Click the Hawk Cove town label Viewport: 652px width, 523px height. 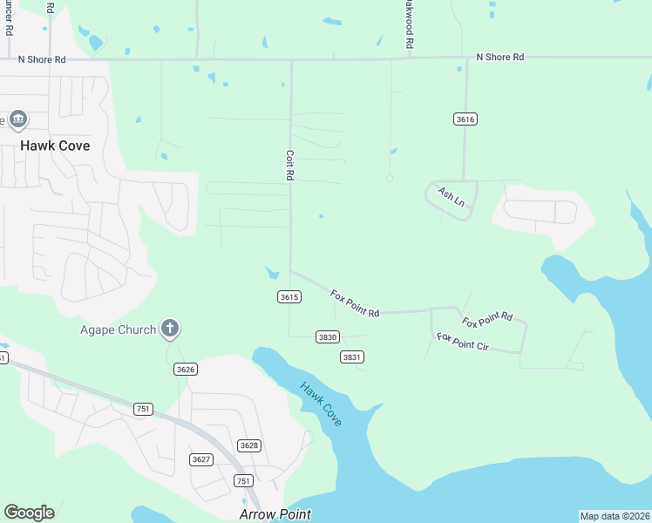tap(56, 146)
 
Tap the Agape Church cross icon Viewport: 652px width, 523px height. tap(170, 329)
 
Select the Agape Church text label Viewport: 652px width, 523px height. tap(119, 329)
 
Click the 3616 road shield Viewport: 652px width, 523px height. tap(465, 119)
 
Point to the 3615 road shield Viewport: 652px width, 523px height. tap(289, 297)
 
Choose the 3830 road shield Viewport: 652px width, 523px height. tap(327, 336)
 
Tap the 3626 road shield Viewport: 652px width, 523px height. tap(185, 370)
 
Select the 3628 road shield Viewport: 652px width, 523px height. tap(249, 445)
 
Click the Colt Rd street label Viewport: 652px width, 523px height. tap(289, 165)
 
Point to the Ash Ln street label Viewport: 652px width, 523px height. tap(452, 198)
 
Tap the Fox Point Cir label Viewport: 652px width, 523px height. tap(463, 342)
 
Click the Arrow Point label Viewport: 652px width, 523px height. tap(275, 514)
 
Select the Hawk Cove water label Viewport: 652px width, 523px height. tap(321, 404)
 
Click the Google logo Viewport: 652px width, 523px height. tap(29, 513)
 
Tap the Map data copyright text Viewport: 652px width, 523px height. tap(615, 516)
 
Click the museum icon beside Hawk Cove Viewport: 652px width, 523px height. tap(18, 119)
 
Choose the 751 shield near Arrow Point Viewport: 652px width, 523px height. tap(243, 481)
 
